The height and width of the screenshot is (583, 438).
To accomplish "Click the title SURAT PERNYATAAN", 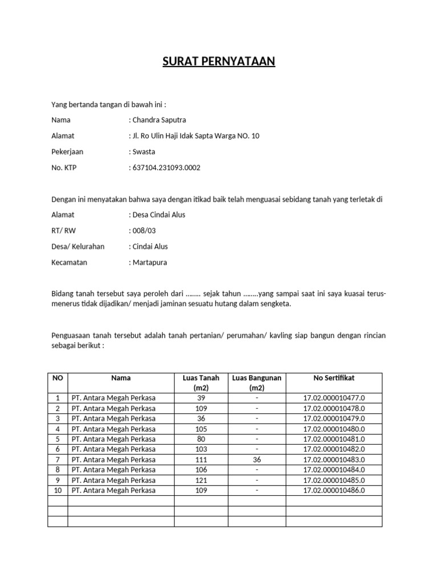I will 219,61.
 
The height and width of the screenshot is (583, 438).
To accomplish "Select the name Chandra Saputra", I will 159,120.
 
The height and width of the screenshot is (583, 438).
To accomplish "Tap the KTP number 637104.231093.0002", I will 167,168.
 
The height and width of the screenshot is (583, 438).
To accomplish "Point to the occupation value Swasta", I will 144,152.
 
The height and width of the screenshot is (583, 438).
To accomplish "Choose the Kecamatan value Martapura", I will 150,262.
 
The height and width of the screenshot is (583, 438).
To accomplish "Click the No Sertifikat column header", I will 334,377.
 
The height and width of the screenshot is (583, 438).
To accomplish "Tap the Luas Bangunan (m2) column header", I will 257,383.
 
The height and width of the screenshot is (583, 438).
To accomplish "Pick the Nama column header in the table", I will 121,377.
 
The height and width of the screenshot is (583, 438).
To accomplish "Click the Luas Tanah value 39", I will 201,398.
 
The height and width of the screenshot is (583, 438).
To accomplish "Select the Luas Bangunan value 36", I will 257,459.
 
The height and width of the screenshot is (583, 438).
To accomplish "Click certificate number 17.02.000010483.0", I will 334,459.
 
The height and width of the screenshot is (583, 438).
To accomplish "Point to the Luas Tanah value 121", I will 201,480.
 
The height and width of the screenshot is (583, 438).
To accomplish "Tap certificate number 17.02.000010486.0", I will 334,490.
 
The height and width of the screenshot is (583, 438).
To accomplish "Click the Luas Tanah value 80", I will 201,439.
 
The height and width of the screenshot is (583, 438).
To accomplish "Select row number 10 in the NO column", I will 58,490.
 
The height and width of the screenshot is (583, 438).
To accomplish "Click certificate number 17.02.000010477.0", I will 334,398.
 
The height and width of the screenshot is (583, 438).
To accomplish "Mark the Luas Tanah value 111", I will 201,459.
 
